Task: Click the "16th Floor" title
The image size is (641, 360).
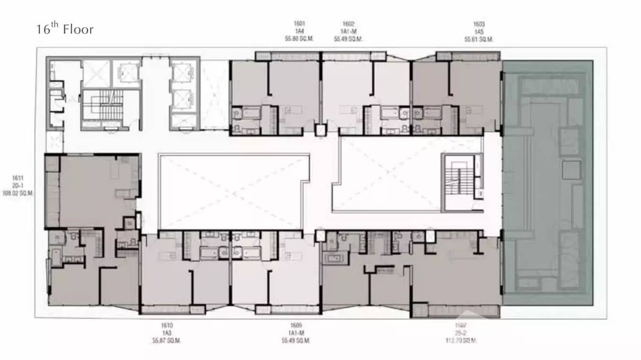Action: point(65,29)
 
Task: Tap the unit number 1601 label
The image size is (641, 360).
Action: point(299,23)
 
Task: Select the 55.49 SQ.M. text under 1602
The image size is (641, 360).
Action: point(348,39)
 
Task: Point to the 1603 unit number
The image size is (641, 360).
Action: point(479,23)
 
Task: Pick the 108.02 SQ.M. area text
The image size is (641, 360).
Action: point(18,194)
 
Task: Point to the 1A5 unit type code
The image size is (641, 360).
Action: point(479,31)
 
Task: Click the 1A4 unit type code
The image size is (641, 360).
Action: point(299,31)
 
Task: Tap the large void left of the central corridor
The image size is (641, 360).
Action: point(231,191)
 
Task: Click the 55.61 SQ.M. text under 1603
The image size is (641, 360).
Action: point(479,39)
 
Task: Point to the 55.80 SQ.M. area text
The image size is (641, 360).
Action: point(299,39)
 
